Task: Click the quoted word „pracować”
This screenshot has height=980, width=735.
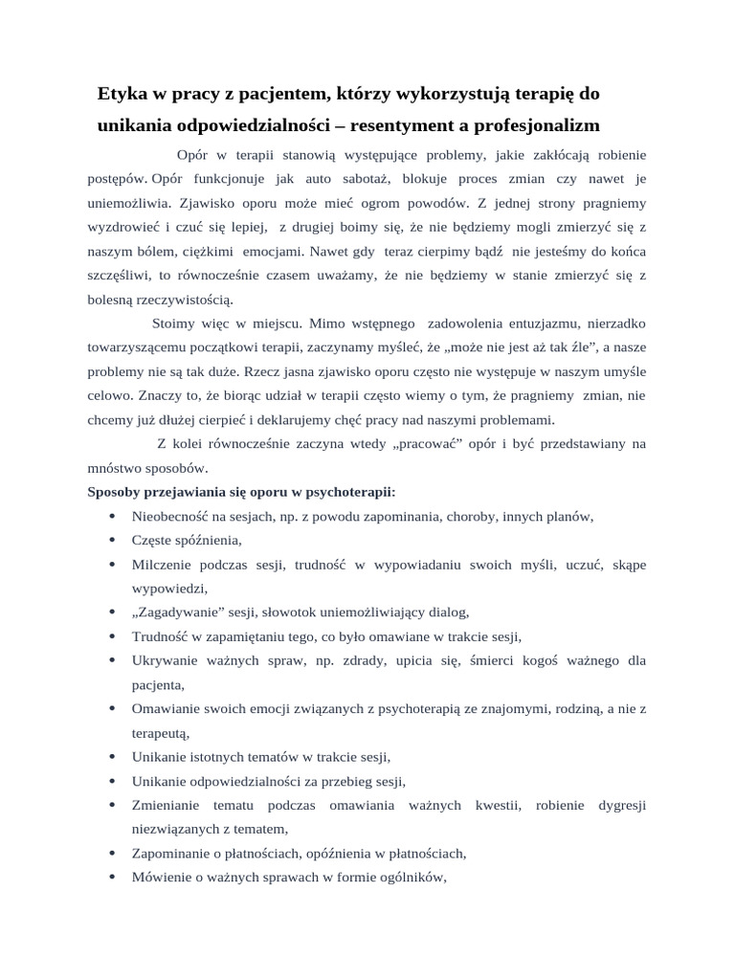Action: (x=421, y=444)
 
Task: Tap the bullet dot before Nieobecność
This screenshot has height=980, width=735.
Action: (x=113, y=517)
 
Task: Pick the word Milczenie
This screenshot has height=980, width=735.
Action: (x=161, y=565)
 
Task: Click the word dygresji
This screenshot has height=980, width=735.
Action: (x=622, y=806)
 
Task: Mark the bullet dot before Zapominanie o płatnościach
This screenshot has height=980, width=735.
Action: (x=113, y=854)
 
